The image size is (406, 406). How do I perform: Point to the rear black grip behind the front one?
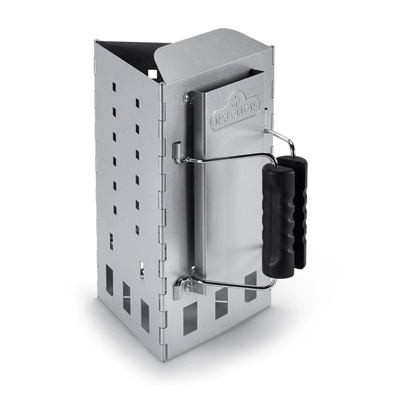pyautogui.click(x=300, y=203)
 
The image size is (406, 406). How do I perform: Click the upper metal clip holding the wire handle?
pyautogui.click(x=177, y=152)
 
